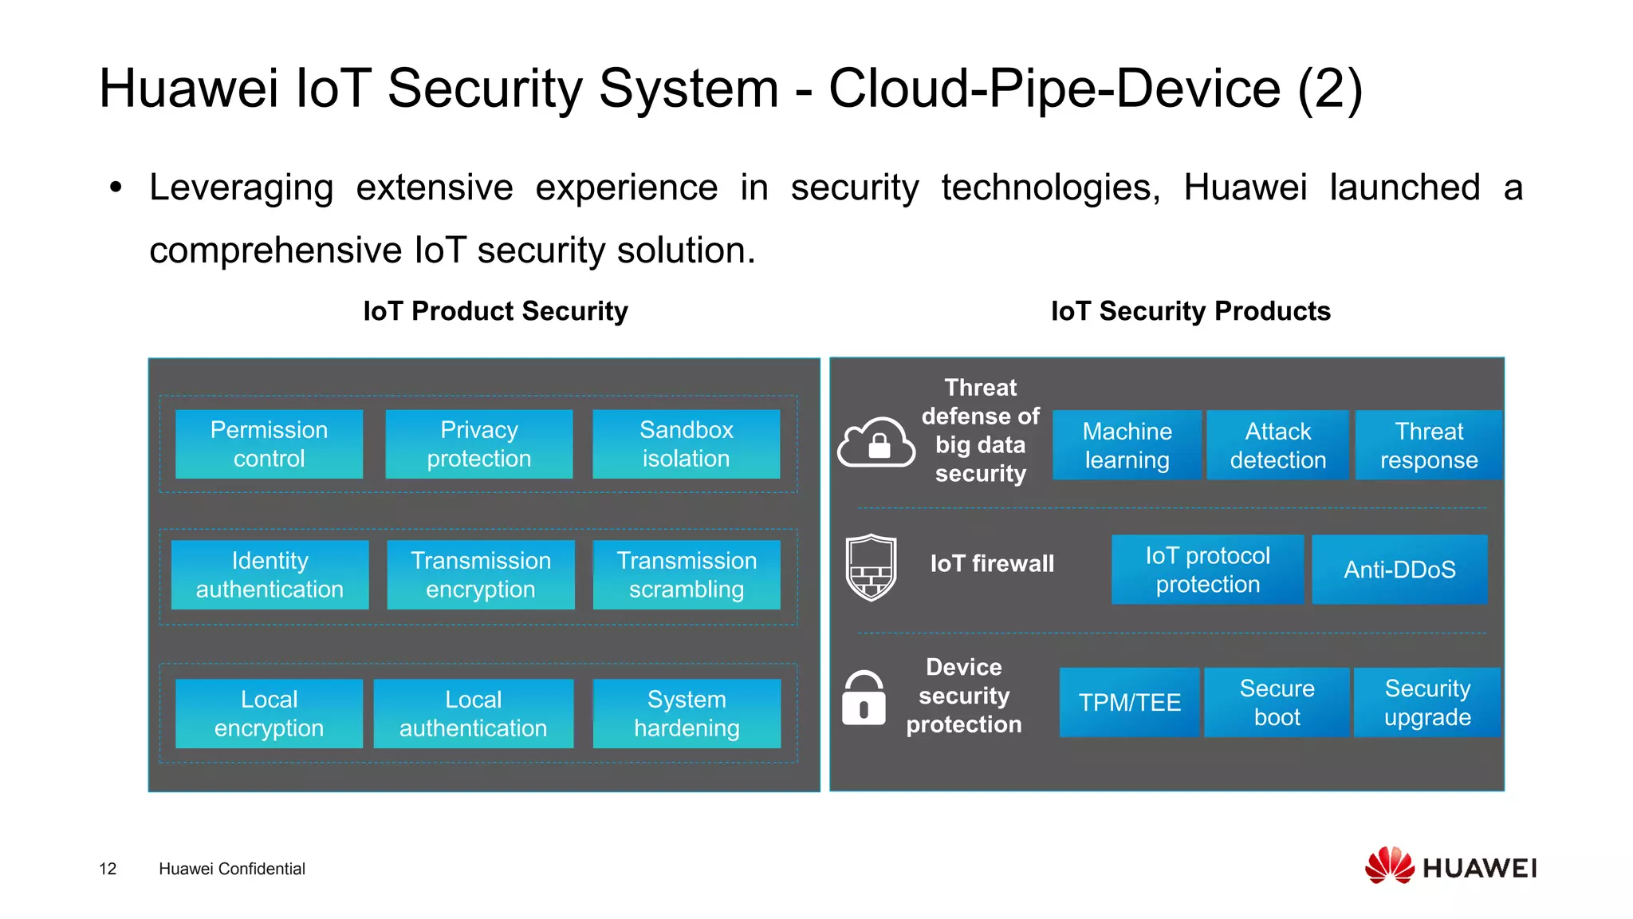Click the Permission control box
click(x=269, y=444)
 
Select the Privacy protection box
click(x=478, y=444)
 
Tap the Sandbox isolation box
click(x=686, y=444)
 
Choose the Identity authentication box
click(x=270, y=575)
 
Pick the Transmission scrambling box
click(x=686, y=575)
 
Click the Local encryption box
click(x=269, y=713)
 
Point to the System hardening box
click(x=686, y=713)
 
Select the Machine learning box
click(x=1126, y=445)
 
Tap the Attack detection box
click(x=1277, y=445)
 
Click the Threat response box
click(x=1428, y=445)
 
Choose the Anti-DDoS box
click(x=1399, y=570)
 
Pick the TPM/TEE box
click(x=1129, y=702)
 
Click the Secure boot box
click(x=1277, y=702)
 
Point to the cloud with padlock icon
click(x=876, y=443)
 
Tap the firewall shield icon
click(x=871, y=567)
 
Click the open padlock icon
click(x=864, y=698)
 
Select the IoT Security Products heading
click(x=1190, y=311)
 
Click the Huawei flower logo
click(x=1389, y=866)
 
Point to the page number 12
click(x=108, y=869)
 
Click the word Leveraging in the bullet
click(x=241, y=188)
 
